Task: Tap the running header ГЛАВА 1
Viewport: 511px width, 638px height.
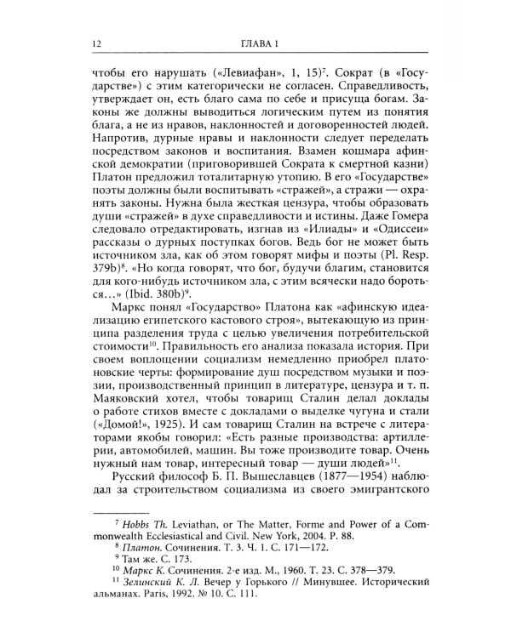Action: coord(255,44)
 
